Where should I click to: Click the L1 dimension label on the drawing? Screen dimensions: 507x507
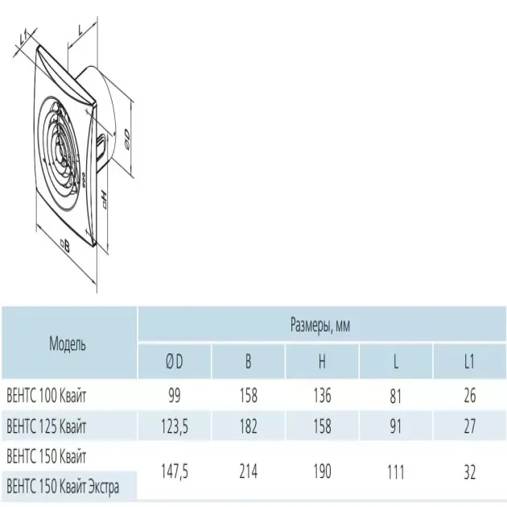tap(23, 38)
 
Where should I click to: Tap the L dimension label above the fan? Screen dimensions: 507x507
tap(80, 31)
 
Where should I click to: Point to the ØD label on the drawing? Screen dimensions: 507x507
tap(127, 139)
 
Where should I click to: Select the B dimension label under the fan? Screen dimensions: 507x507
tap(65, 246)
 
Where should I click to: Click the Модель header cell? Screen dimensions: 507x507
tap(68, 344)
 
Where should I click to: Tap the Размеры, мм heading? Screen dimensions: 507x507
tap(320, 324)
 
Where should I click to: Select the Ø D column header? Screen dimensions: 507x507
tap(175, 361)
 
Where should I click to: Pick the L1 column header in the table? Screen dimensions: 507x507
tap(469, 361)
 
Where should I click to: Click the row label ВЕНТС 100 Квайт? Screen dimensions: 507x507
tap(46, 395)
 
